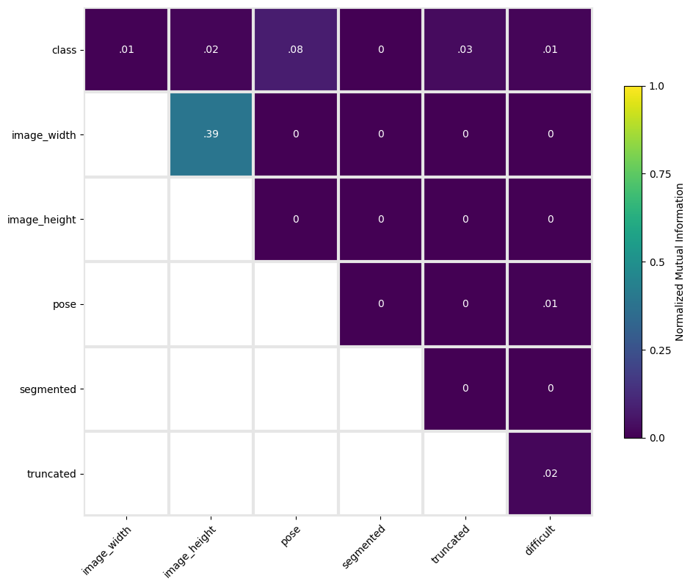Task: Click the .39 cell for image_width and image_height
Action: coord(211,134)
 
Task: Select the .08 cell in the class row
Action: coord(296,49)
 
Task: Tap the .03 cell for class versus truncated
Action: coord(465,49)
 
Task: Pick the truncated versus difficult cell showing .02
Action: coord(550,473)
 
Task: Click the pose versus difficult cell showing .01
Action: coord(550,304)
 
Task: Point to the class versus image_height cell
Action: coord(211,49)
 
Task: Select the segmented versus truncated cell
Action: coord(465,389)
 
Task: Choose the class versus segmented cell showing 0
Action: coord(380,49)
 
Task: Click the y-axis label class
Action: coord(64,50)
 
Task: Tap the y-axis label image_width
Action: coord(44,135)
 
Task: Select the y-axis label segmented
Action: coord(48,389)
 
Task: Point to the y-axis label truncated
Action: coord(51,474)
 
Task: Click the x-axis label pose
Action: coord(291,536)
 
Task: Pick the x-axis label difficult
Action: coord(540,540)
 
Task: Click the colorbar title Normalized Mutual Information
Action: coord(679,262)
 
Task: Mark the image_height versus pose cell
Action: coord(296,219)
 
